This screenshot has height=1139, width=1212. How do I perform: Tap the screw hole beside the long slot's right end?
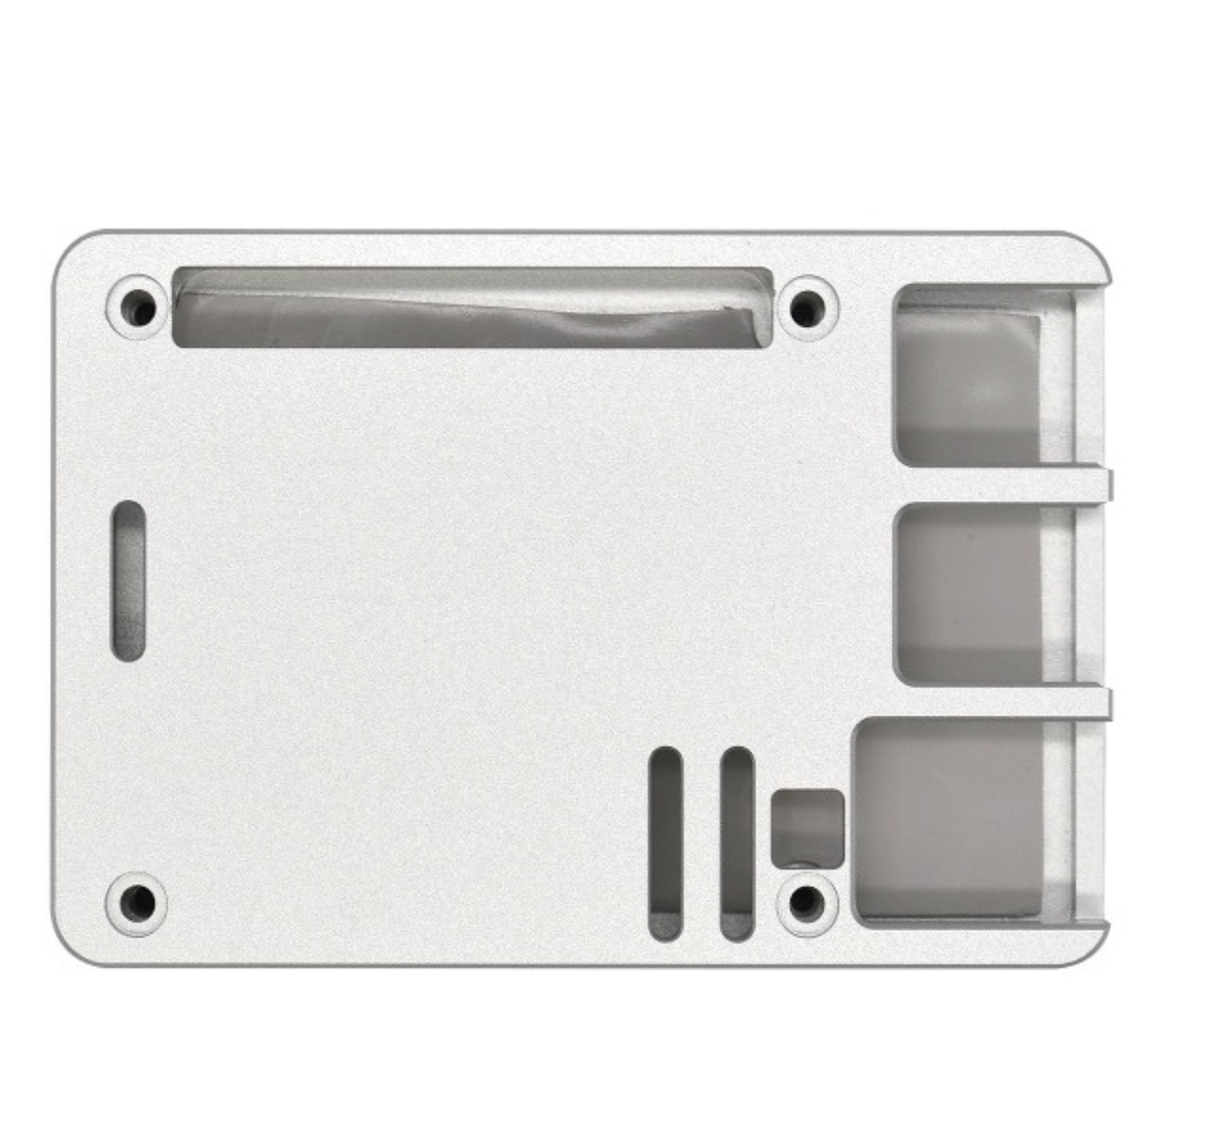click(x=807, y=308)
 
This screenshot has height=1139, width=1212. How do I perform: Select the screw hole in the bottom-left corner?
click(x=136, y=902)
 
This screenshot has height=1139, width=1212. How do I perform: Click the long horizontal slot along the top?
click(x=473, y=307)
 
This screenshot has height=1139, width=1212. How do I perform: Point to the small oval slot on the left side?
click(x=129, y=581)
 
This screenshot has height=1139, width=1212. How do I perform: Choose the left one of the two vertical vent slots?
click(x=666, y=843)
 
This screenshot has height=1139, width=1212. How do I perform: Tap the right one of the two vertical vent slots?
click(x=737, y=843)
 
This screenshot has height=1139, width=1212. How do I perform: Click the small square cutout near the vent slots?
click(x=807, y=827)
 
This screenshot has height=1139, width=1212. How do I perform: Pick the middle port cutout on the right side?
click(x=983, y=593)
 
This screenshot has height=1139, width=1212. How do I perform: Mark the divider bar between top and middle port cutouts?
click(x=1003, y=484)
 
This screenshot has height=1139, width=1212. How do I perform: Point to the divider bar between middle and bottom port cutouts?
click(x=1003, y=703)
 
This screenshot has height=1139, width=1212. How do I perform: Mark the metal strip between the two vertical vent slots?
click(x=702, y=843)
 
